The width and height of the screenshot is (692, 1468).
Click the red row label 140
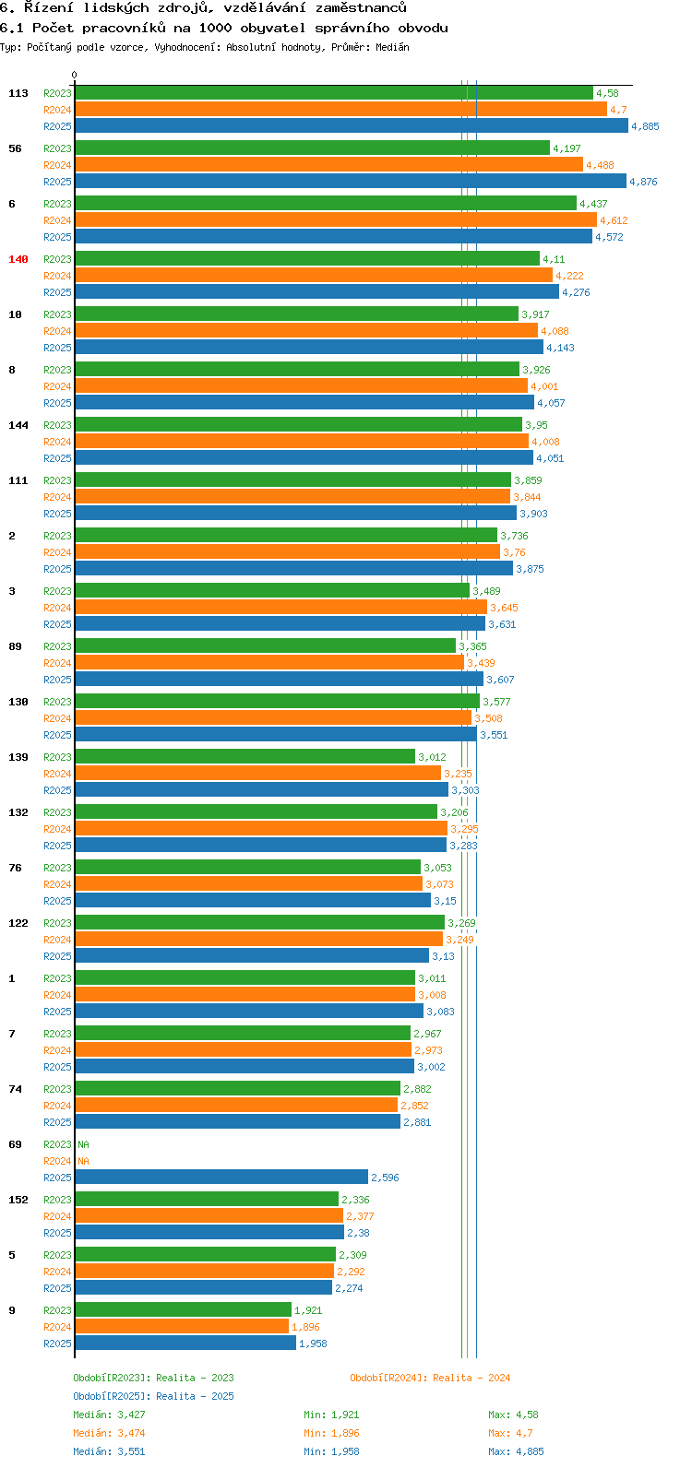(18, 259)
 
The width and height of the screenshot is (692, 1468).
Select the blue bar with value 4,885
(351, 125)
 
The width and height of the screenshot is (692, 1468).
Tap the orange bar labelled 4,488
(328, 164)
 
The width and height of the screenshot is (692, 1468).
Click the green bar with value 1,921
(183, 1309)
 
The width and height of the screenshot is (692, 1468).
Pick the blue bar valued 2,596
(221, 1177)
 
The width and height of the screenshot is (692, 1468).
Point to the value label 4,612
(614, 220)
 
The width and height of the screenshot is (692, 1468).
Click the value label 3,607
(500, 680)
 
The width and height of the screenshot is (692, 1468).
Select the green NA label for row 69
(83, 1144)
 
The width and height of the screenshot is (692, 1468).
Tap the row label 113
(18, 93)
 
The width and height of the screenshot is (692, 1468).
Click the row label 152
(18, 1200)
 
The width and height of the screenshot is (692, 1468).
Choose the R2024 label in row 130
(57, 718)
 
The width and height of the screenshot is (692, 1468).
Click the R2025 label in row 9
(57, 1344)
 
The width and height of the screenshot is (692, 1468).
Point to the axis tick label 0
(75, 76)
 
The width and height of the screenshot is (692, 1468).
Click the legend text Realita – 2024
(471, 1378)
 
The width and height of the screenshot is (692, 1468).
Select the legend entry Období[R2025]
(112, 1396)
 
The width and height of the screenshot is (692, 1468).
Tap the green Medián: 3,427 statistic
(109, 1415)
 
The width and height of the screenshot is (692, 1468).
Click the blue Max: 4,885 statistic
(516, 1451)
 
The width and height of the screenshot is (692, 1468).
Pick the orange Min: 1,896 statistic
(331, 1433)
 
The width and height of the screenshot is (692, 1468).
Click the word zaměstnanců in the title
(354, 8)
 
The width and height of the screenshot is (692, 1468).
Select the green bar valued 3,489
(272, 590)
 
